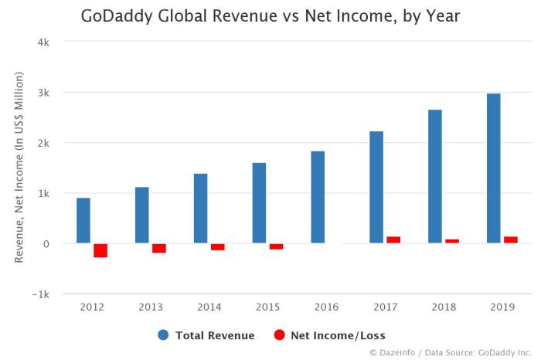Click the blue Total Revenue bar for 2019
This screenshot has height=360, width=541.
pos(493,168)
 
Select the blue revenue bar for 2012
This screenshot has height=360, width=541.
pos(83,221)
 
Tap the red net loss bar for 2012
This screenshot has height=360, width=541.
pos(100,250)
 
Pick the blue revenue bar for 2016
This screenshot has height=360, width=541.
pos(318,197)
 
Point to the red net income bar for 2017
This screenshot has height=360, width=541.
pos(393,239)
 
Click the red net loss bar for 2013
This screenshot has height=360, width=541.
pos(159,248)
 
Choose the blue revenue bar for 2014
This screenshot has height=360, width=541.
pos(200,209)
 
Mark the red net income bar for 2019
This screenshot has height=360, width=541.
pos(511,239)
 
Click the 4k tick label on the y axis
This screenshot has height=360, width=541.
pos(45,42)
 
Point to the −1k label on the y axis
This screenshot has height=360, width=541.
pos(42,294)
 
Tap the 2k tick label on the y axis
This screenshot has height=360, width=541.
pos(45,143)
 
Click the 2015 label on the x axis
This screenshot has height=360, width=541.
pos(267,307)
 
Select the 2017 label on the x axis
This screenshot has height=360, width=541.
pos(385,307)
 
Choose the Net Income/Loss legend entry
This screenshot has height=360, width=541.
pos(328,335)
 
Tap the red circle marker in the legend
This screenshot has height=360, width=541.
pos(280,335)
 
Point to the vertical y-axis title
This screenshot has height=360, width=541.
pos(19,167)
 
